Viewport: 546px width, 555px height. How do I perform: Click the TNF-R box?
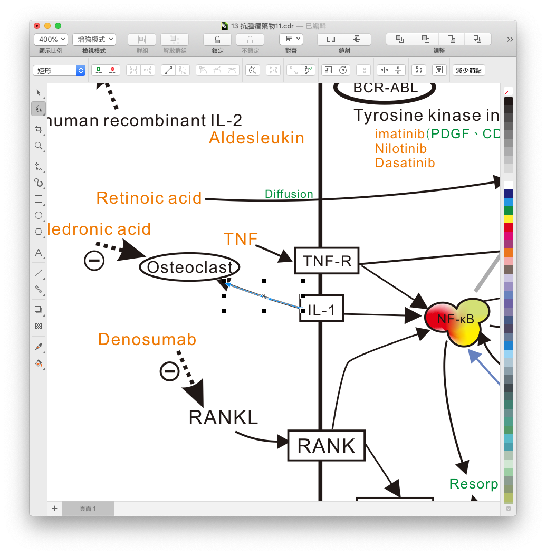[x=327, y=261]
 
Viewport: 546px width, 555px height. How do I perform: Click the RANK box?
[x=327, y=446]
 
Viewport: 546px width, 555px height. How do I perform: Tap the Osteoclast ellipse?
[x=189, y=267]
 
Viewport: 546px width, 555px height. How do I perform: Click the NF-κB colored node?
[x=456, y=319]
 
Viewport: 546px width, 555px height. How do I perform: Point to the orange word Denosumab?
[x=147, y=339]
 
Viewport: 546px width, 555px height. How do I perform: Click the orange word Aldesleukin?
[x=256, y=138]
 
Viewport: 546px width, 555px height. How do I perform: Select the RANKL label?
[x=223, y=417]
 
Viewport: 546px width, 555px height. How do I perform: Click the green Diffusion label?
[x=289, y=194]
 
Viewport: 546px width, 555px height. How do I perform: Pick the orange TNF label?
[x=240, y=238]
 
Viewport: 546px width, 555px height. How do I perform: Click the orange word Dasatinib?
[x=405, y=163]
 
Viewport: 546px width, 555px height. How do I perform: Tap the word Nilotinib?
[x=400, y=149]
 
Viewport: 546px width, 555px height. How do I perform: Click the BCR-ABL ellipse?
[x=385, y=89]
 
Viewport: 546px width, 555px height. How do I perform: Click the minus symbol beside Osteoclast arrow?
[x=94, y=261]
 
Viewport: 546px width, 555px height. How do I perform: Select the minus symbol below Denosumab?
[x=169, y=371]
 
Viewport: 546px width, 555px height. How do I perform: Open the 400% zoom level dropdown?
[x=51, y=40]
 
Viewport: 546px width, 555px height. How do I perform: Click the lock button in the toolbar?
[x=217, y=40]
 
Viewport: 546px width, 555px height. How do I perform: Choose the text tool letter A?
[x=39, y=253]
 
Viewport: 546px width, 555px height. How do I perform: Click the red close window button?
[x=37, y=26]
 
